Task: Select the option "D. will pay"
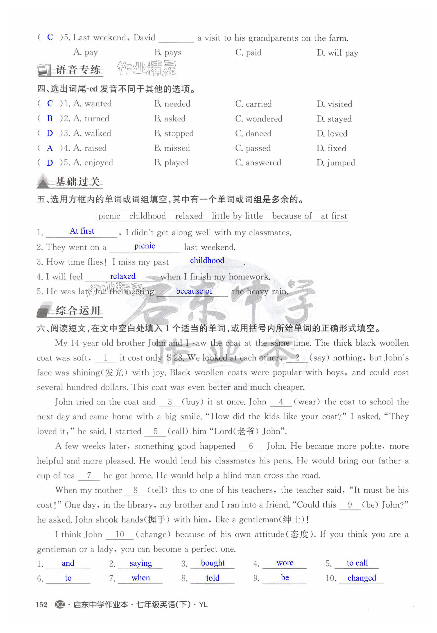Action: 337,53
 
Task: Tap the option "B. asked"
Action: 170,119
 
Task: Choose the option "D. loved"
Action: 332,133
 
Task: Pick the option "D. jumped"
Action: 336,163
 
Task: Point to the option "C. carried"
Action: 253,104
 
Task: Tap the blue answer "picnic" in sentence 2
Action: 145,246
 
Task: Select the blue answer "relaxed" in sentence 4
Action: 123,276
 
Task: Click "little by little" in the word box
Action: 237,216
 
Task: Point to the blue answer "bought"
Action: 213,563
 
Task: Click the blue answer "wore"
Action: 285,563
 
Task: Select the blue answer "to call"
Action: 357,563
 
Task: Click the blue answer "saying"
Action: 140,563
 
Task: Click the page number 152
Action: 41,605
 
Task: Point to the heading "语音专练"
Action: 78,70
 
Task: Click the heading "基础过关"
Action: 77,182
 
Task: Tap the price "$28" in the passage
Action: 175,358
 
